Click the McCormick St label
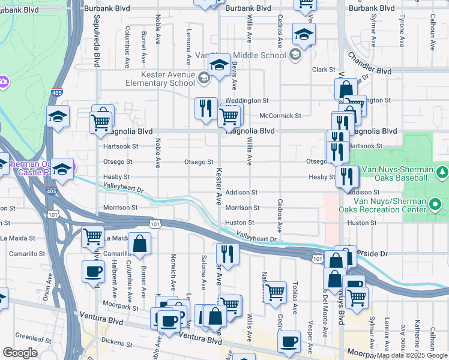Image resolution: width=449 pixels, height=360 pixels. tap(280, 115)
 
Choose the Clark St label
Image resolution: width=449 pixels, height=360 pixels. tap(322, 70)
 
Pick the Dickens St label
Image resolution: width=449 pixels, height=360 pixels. tap(117, 344)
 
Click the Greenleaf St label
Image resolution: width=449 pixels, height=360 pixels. tap(32, 336)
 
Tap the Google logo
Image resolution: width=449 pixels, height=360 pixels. tap(20, 353)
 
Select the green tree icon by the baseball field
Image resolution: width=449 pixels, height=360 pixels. tap(442, 173)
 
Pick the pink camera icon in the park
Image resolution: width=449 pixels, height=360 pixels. tap(3, 81)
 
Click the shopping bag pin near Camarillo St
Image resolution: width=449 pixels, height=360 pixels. tap(139, 243)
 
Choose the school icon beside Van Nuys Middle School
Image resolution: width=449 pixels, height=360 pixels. tap(295, 56)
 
